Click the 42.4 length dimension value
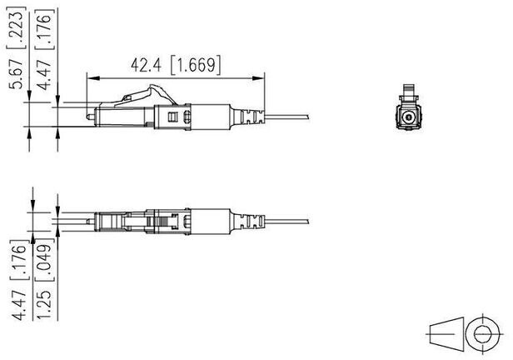pos(146,65)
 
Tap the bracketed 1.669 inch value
pos(196,65)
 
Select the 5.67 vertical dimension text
pos(16,74)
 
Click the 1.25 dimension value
pos(44,304)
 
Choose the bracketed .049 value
pos(44,260)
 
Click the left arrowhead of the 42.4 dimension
pos(93,78)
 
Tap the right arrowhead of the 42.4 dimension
pos(258,78)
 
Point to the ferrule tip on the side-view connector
pos(90,117)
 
